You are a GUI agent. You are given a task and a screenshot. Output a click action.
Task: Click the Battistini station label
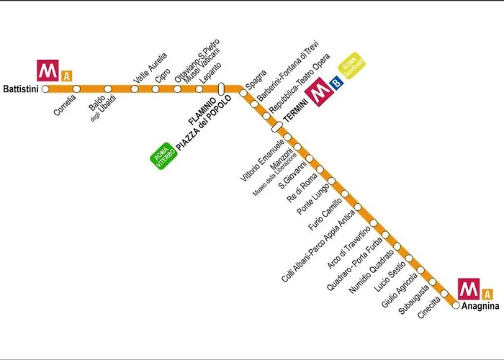(x=21, y=89)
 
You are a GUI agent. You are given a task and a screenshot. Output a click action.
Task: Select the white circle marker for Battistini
(x=45, y=89)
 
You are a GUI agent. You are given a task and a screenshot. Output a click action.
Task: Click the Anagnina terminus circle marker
(x=456, y=305)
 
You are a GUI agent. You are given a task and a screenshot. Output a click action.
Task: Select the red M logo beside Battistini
(x=48, y=71)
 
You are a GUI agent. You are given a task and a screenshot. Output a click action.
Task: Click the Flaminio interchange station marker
(x=222, y=89)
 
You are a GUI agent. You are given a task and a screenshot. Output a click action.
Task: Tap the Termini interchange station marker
(x=276, y=127)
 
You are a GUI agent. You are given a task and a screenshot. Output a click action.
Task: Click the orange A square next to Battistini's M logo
(x=66, y=75)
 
